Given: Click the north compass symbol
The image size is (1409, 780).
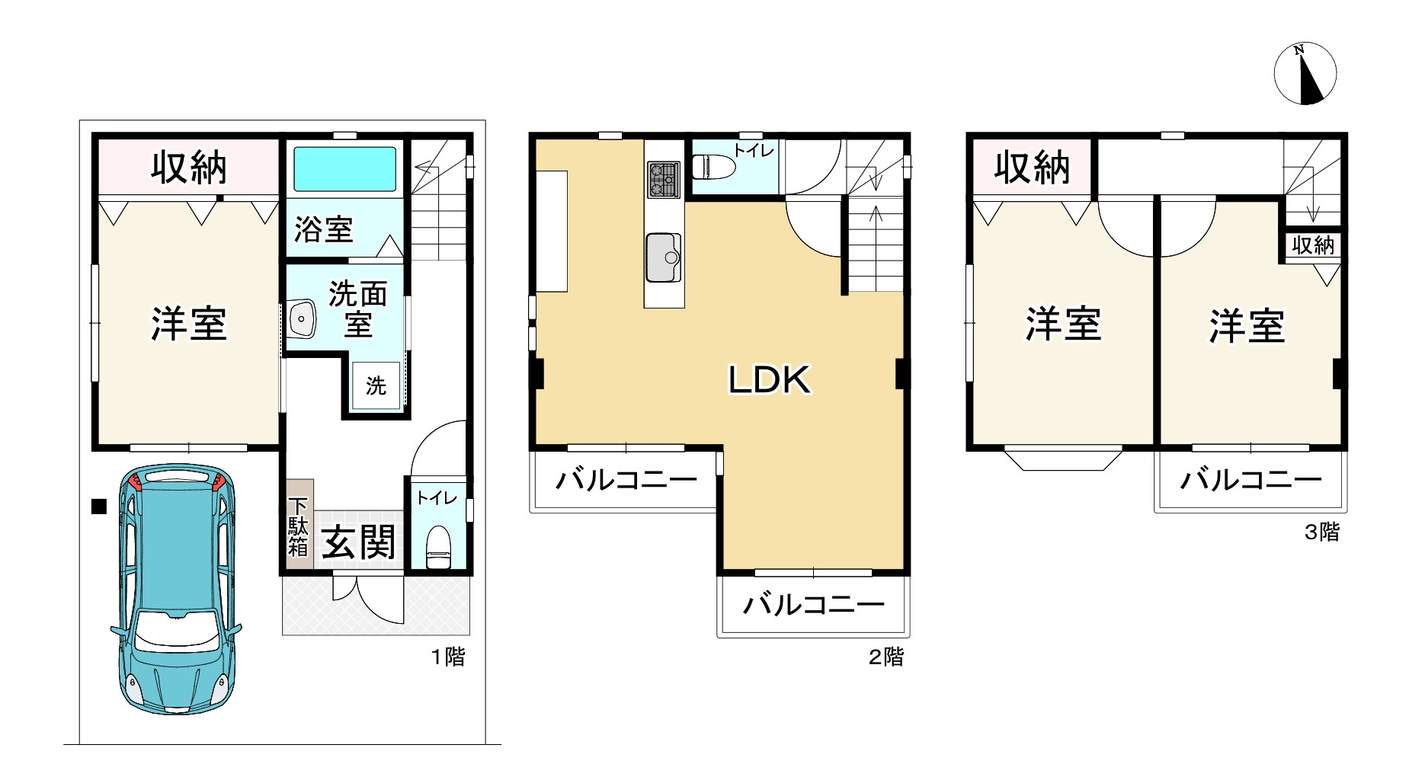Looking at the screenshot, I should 1305,73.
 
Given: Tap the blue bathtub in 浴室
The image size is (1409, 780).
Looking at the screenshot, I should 345,169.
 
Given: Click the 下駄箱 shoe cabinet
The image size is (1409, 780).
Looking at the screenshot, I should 298,526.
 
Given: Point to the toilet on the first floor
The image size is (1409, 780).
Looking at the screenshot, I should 438,547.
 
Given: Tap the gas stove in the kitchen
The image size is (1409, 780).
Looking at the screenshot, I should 663,180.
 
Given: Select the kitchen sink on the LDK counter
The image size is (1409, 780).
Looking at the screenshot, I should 663,257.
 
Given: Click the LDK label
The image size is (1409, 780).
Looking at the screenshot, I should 769,379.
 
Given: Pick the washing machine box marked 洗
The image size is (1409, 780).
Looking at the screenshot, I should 376,385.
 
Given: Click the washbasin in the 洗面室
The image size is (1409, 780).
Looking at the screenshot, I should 302,318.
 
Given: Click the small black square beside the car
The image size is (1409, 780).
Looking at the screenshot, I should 98,507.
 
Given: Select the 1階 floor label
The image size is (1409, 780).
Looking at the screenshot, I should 448,657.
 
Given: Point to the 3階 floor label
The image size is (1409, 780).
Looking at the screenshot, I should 1321,532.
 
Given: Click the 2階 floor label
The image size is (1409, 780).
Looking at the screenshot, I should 886,657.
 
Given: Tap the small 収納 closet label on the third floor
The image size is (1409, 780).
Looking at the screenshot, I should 1313,245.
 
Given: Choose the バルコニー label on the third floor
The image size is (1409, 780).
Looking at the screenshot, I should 1250,480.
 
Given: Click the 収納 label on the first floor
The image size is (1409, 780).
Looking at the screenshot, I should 188,168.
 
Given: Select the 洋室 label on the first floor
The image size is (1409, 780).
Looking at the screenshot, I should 188,324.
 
